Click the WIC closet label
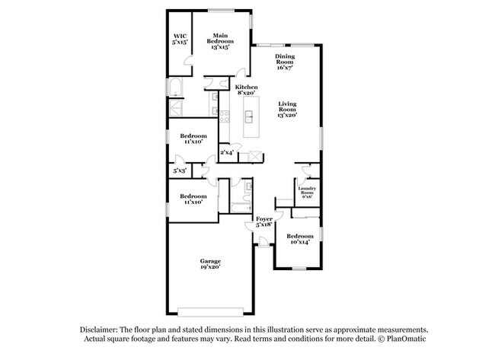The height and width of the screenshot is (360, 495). tap(180, 40)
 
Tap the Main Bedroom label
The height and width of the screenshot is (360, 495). tap(220, 40)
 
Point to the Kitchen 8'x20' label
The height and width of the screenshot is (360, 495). tap(246, 91)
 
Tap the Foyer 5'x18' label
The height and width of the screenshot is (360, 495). tap(263, 221)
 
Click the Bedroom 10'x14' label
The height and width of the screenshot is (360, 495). tap(299, 240)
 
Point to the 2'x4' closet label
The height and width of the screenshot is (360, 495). tap(227, 153)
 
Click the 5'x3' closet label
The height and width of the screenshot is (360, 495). tap(179, 171)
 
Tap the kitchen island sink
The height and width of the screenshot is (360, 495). tap(249, 116)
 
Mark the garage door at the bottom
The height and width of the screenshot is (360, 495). tap(210, 311)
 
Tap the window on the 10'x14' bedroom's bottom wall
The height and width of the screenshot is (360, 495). tap(299, 269)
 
